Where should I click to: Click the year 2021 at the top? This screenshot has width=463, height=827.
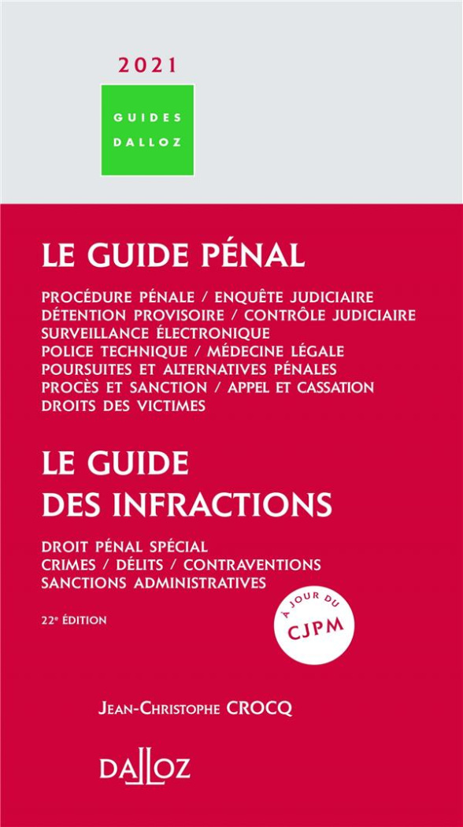coord(147,66)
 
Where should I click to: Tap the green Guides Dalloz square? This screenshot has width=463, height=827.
coord(147,130)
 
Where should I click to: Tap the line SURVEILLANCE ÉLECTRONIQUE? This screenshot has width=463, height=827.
coord(156,333)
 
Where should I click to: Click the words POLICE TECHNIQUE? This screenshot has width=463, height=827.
coord(115,351)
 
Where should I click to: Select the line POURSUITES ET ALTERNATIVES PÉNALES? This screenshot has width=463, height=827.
coord(190,369)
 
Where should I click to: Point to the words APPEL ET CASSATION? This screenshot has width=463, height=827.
coord(300,388)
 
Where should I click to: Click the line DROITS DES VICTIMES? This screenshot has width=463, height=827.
coord(124,406)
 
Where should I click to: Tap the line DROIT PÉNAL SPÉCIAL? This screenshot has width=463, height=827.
coord(124,547)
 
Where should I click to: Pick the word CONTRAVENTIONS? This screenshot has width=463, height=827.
coord(252,565)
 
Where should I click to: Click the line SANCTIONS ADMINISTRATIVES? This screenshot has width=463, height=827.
coord(154,584)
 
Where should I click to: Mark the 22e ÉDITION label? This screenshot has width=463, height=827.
coord(75,620)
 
